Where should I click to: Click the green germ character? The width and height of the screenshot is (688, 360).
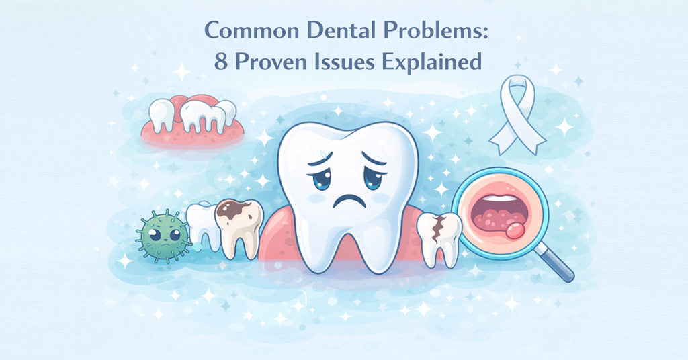click(162, 235)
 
